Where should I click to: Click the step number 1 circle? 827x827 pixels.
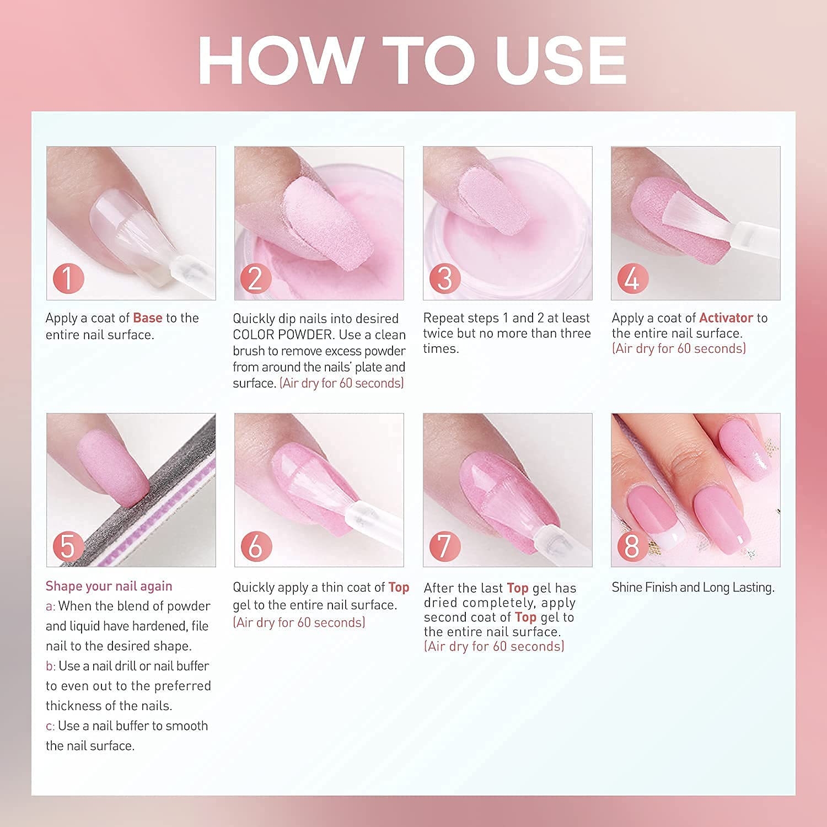point(68,278)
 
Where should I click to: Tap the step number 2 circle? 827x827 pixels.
point(256,278)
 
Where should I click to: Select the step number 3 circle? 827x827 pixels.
point(445,278)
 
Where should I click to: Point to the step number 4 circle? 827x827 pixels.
point(633,278)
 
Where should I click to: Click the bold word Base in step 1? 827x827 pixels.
point(148,318)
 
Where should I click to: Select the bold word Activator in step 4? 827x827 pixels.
point(726,318)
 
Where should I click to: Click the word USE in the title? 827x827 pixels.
point(561,61)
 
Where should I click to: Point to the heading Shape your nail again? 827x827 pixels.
point(109,586)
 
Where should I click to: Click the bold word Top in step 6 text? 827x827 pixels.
point(399,587)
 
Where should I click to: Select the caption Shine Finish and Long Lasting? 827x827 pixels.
point(693,587)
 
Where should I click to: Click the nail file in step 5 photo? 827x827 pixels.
point(165,496)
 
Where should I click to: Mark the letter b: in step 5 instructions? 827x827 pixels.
point(51,666)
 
